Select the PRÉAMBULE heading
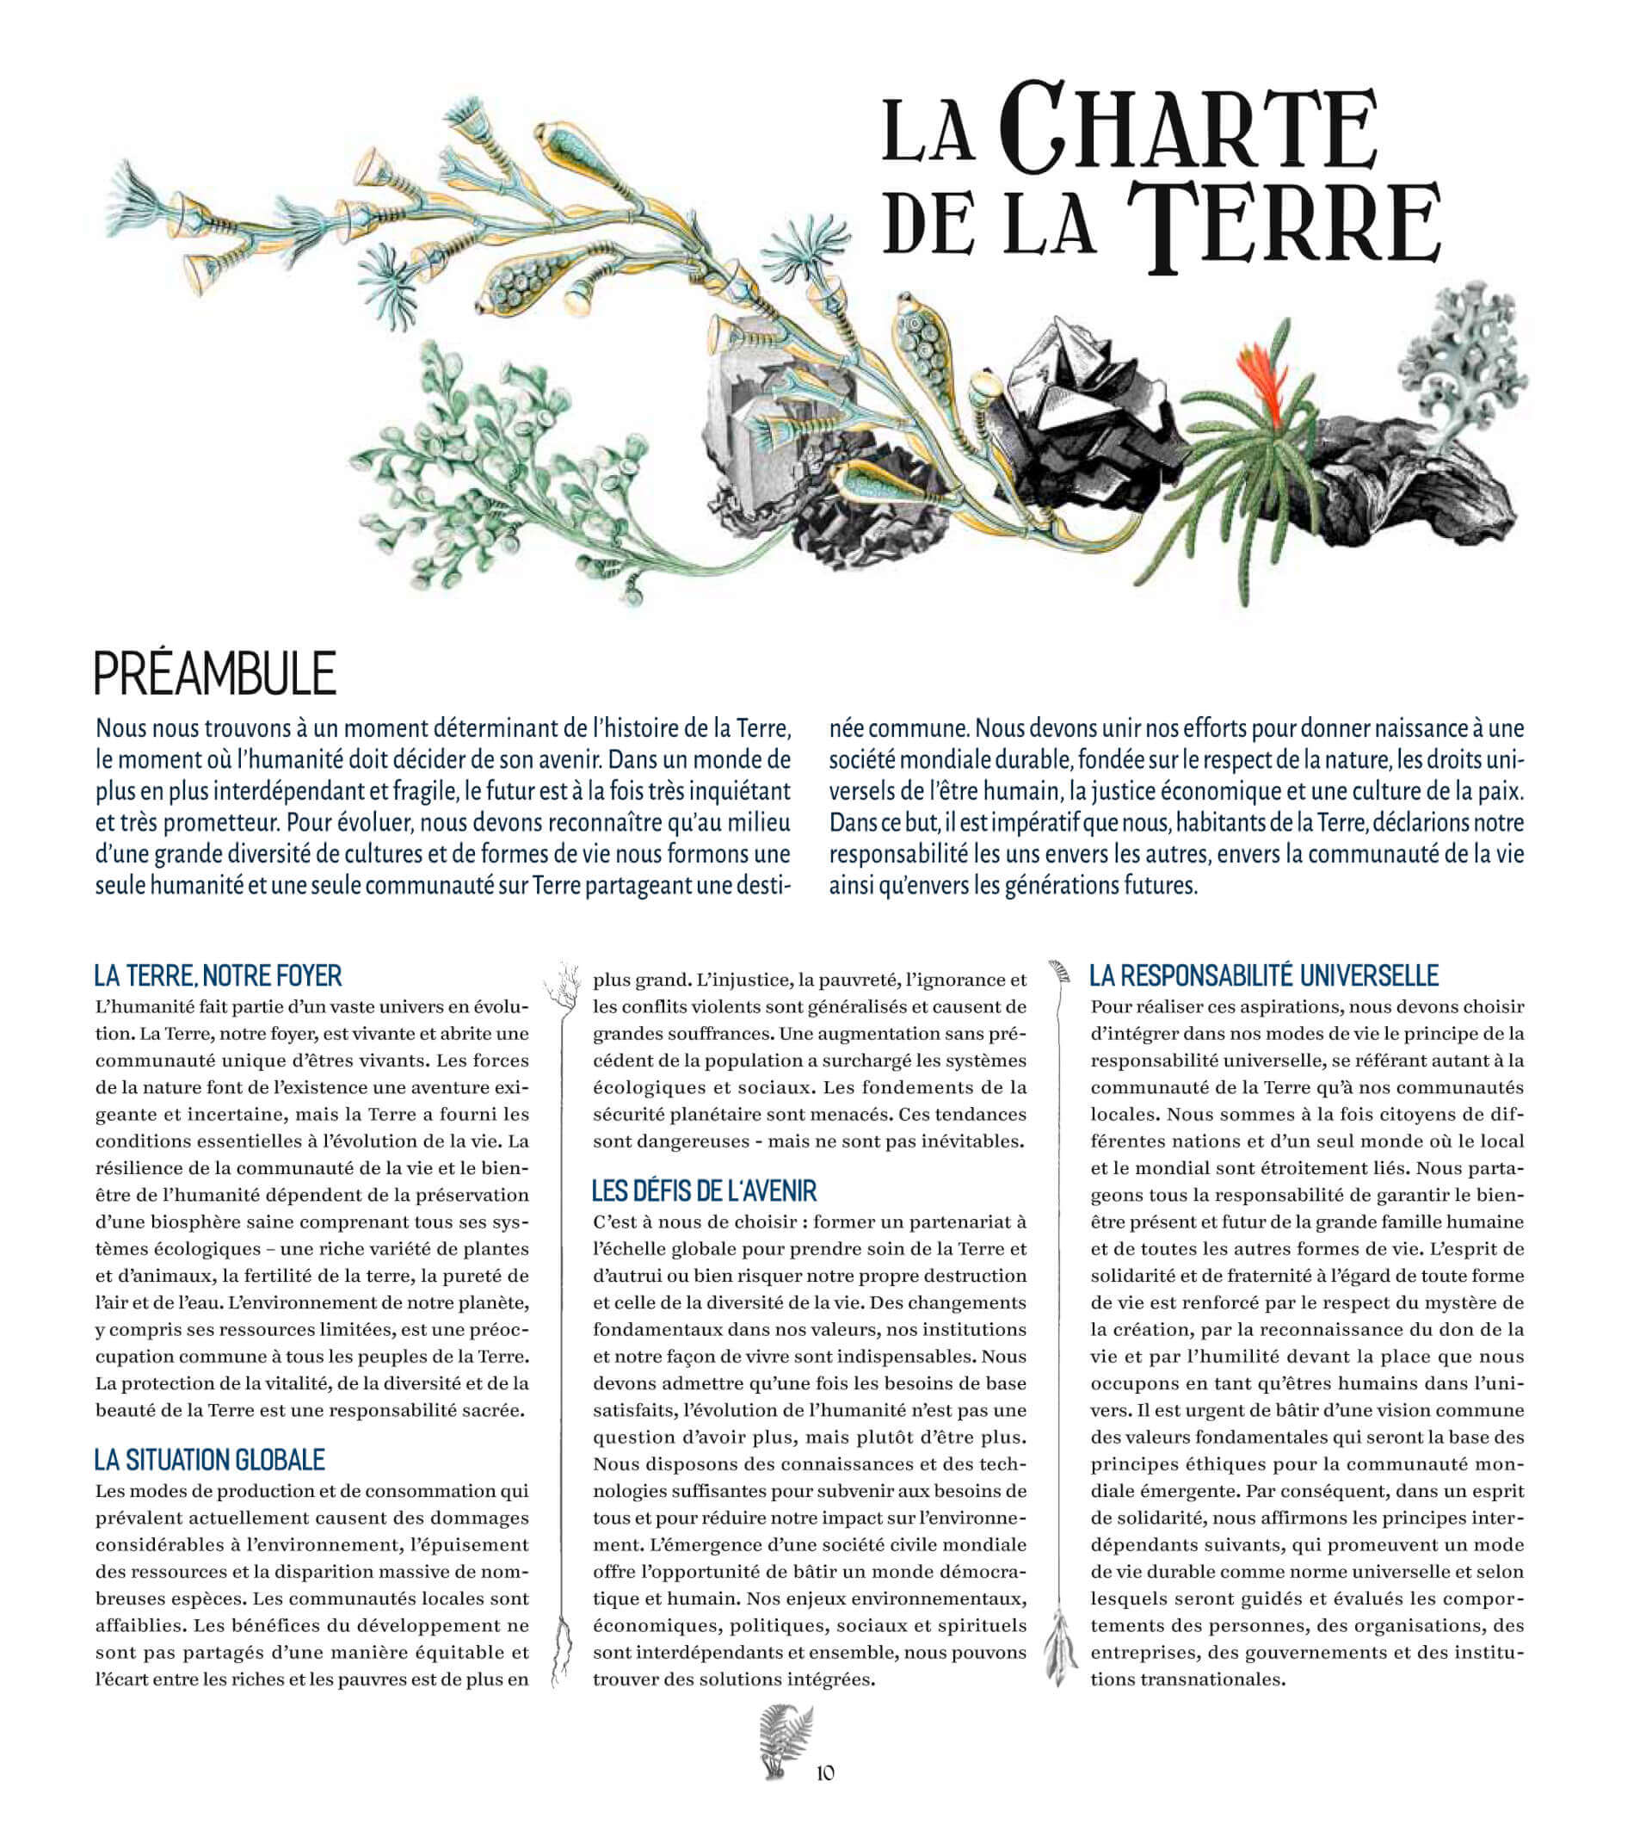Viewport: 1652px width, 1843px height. pos(215,674)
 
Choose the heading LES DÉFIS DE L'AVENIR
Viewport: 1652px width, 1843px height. pos(705,1191)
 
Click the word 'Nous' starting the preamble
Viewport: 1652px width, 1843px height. pos(121,729)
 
